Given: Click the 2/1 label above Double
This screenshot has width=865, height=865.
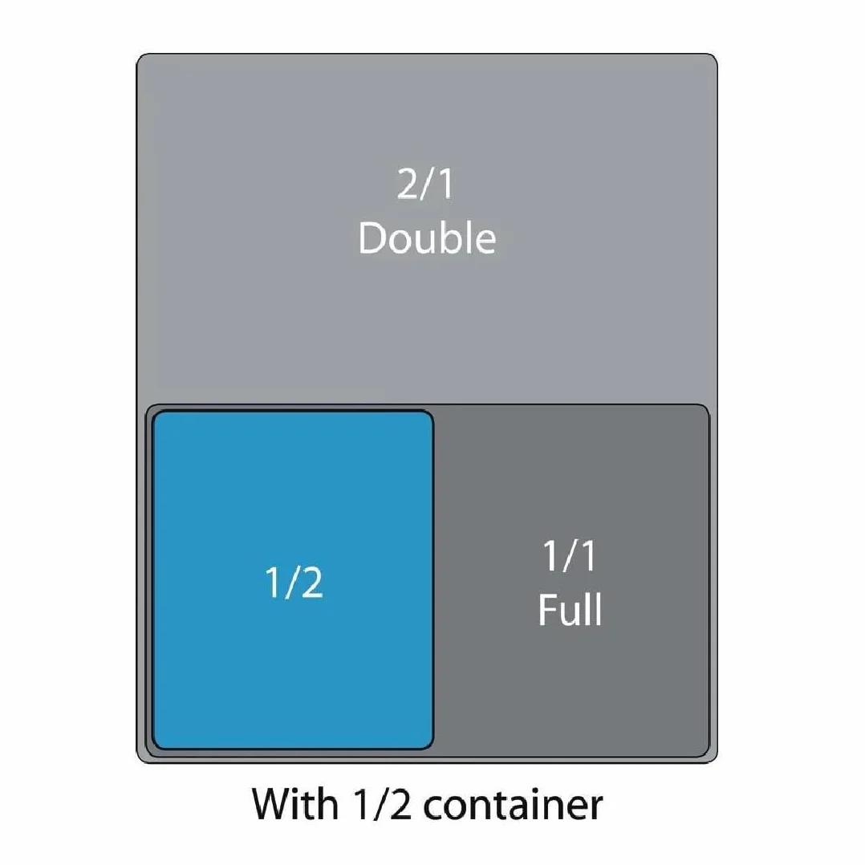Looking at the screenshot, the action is pyautogui.click(x=425, y=184).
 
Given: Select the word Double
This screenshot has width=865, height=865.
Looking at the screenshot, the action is pyautogui.click(x=428, y=238).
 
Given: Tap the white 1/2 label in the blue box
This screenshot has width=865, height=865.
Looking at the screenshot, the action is pyautogui.click(x=294, y=583).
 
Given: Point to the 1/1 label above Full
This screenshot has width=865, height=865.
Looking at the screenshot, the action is pyautogui.click(x=570, y=555).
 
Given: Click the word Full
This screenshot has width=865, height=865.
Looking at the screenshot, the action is pyautogui.click(x=570, y=609).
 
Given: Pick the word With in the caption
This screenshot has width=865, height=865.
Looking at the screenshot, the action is pyautogui.click(x=294, y=804).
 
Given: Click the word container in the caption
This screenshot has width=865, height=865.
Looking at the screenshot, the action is pyautogui.click(x=513, y=806).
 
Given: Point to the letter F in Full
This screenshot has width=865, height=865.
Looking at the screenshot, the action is pyautogui.click(x=548, y=609).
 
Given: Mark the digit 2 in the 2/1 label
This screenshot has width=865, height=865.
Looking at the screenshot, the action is pyautogui.click(x=408, y=184).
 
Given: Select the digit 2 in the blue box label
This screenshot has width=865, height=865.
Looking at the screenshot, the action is pyautogui.click(x=311, y=583).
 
